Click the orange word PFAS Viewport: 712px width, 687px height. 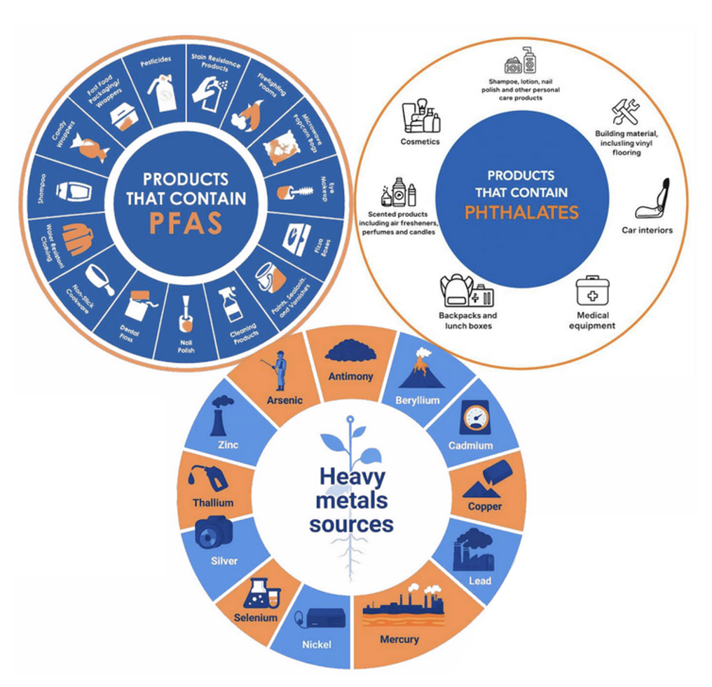[186, 223]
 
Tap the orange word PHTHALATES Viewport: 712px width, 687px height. [521, 212]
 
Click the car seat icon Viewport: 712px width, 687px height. [652, 199]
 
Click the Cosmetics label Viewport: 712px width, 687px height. [420, 142]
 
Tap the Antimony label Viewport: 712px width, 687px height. [351, 376]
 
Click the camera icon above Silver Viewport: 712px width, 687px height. [213, 532]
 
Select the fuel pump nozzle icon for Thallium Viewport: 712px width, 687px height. [210, 478]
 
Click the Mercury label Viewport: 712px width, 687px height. [399, 639]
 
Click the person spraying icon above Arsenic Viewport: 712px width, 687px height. [280, 370]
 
